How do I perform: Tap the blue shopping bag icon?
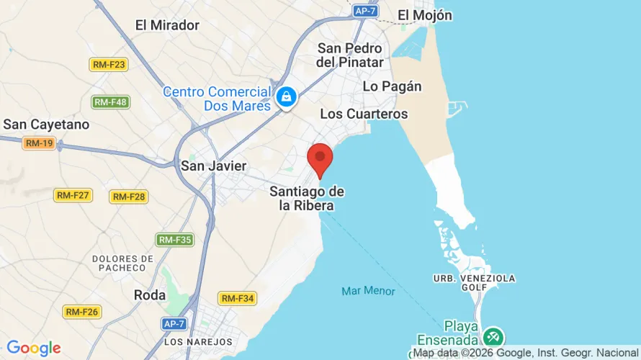(x=286, y=96)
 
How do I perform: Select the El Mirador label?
(x=167, y=25)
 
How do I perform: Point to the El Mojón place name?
(x=425, y=15)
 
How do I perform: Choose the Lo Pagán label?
(x=392, y=86)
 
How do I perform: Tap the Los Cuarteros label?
(x=364, y=114)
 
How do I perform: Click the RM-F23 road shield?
(x=109, y=65)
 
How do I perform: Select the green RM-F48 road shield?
(x=110, y=102)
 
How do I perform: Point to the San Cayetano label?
(x=47, y=125)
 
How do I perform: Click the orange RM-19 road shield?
(x=39, y=143)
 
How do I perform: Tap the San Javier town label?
(x=213, y=166)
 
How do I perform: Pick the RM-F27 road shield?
(x=73, y=195)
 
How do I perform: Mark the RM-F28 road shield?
(x=129, y=197)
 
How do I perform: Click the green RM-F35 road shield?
(x=175, y=240)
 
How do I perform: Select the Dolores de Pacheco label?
(x=123, y=263)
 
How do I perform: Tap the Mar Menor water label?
(x=368, y=291)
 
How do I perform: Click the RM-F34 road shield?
(x=238, y=298)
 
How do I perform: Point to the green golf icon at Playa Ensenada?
(x=493, y=336)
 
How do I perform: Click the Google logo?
(x=33, y=348)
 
